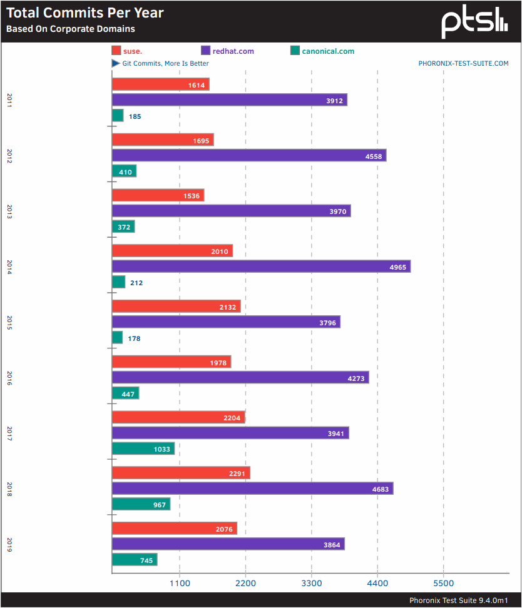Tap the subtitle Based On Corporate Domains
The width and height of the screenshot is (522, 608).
coord(70,29)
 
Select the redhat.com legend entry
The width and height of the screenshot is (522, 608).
coord(228,51)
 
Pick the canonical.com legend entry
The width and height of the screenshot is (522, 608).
coord(322,51)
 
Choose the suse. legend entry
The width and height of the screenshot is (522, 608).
coord(127,51)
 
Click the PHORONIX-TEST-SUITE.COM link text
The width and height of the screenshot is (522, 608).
coord(463,63)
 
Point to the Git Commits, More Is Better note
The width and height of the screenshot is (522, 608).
coord(160,63)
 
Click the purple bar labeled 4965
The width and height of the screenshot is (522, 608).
coord(261,266)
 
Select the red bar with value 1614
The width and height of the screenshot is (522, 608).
coord(160,84)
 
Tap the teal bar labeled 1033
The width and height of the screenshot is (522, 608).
coord(143,448)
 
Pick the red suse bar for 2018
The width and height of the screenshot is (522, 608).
coord(181,473)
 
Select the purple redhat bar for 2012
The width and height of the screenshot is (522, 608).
coord(249,156)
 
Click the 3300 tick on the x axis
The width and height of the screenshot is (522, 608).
coord(312,583)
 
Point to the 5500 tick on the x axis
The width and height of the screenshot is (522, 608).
coord(443,583)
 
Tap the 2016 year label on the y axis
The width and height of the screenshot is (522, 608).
coord(9,378)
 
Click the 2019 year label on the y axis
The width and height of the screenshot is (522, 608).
coord(9,544)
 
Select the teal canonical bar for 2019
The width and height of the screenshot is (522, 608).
coord(135,560)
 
